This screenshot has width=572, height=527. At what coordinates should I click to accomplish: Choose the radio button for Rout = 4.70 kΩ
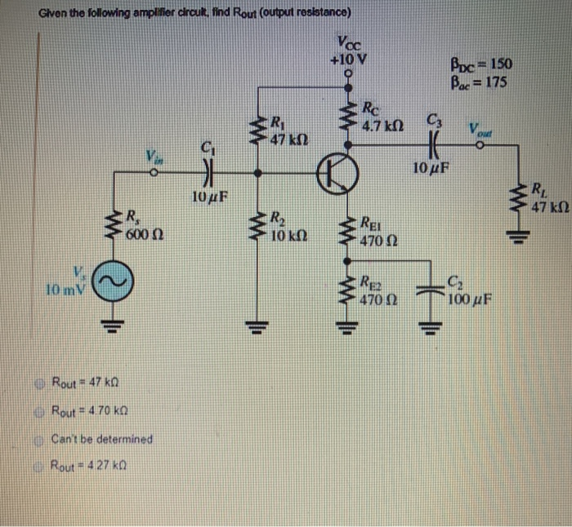[x=42, y=410]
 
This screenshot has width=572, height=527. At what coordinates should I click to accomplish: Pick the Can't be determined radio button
[x=42, y=438]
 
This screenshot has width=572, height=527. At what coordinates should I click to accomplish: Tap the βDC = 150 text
[x=481, y=63]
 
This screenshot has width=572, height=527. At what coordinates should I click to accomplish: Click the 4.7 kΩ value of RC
[x=383, y=126]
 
